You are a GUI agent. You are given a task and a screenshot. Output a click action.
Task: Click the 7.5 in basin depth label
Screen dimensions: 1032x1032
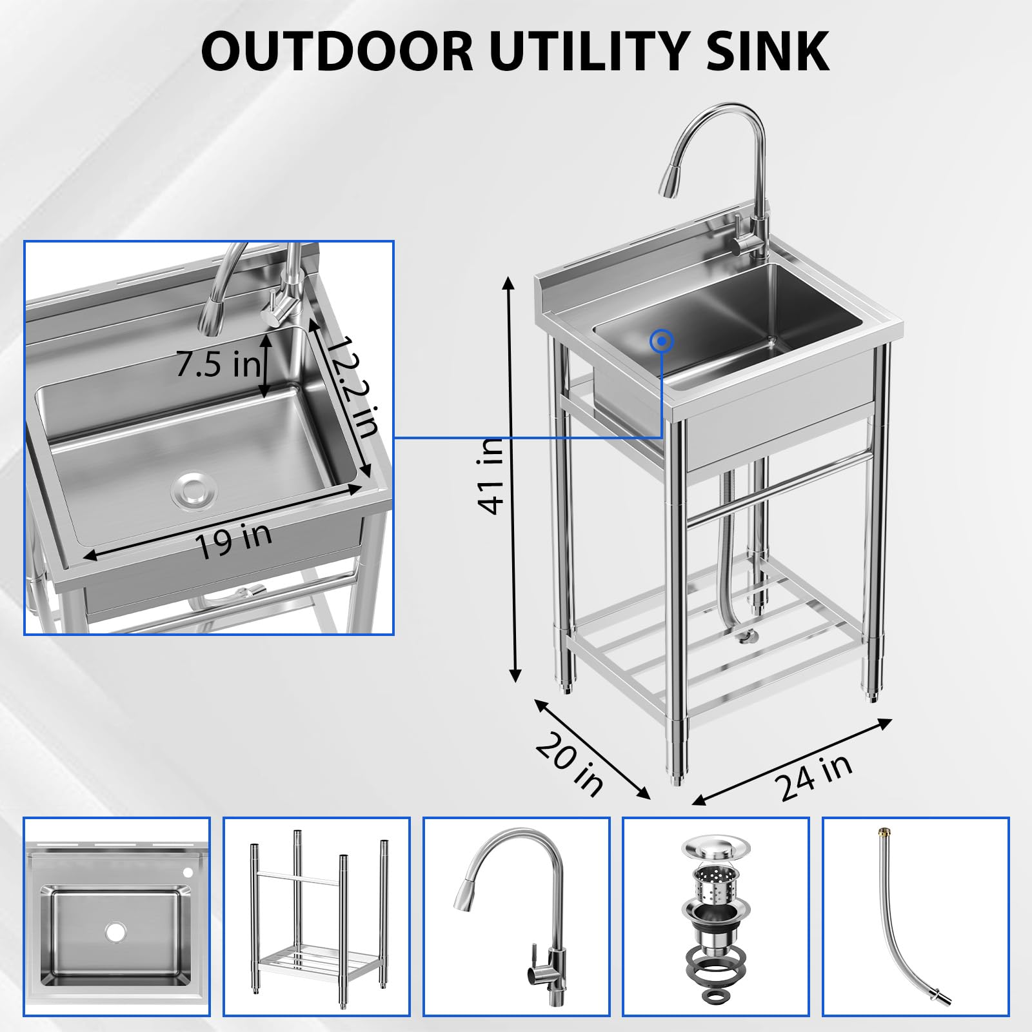218,365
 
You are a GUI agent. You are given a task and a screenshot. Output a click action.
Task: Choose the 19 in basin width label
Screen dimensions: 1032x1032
233,541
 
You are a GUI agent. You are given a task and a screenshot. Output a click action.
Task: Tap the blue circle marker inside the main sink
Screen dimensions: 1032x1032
662,341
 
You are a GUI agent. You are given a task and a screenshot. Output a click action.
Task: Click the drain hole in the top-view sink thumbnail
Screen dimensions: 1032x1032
116,931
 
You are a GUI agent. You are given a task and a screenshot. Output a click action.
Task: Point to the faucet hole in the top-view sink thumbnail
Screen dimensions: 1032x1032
188,873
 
